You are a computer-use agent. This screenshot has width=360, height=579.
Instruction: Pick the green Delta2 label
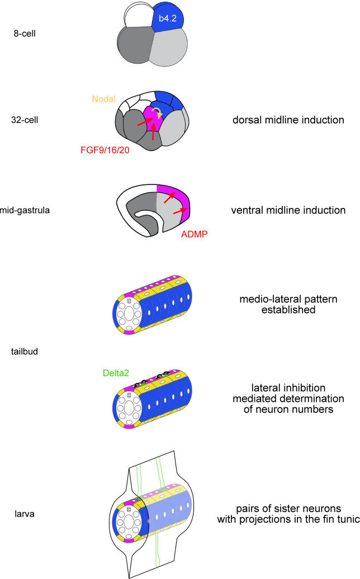click(x=117, y=373)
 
